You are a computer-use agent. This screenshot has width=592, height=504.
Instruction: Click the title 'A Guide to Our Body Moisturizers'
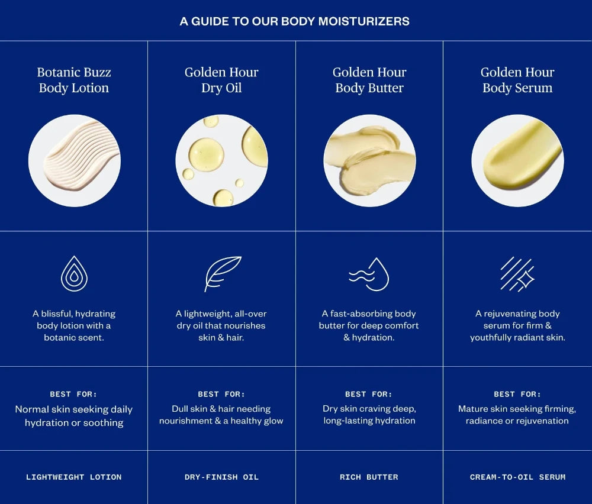294,21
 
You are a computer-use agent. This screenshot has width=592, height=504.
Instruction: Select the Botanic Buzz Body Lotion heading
74,80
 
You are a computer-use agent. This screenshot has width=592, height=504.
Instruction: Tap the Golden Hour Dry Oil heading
221,80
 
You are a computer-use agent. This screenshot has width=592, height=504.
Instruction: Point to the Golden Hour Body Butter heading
369,80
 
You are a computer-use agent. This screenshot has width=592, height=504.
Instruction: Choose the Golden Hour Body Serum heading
517,80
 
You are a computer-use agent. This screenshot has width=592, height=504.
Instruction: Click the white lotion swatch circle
75,161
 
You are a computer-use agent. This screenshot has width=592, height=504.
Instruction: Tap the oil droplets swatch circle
221,161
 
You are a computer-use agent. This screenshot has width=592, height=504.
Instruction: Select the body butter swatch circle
369,161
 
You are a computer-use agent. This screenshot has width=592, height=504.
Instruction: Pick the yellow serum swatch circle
517,161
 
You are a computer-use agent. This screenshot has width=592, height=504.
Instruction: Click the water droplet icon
74,274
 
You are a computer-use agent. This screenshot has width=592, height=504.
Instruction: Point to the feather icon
222,273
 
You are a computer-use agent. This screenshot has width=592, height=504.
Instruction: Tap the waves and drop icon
369,274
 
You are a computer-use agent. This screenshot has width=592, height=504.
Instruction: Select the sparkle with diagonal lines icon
517,274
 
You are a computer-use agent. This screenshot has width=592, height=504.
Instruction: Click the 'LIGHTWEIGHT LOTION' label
74,477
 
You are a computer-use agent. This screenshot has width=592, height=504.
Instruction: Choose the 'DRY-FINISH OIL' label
221,477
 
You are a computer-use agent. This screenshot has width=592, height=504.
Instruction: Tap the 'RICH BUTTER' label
369,477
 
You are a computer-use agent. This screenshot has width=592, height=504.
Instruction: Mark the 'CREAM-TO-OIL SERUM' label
517,477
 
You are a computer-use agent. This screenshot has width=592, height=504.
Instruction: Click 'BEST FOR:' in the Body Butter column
369,394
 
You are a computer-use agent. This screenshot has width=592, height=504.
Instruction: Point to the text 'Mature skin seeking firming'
517,409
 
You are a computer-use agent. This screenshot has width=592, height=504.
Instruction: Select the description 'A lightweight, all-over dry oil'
221,319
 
